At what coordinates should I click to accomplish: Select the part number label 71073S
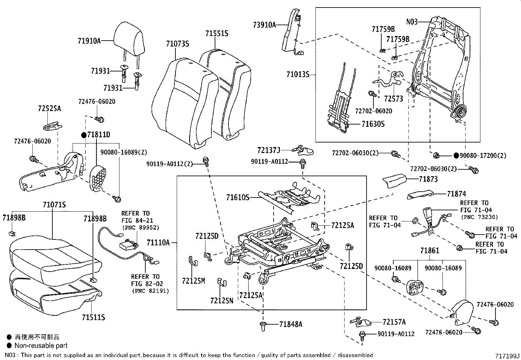click(x=177, y=44)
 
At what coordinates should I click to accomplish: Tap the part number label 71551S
click(x=217, y=33)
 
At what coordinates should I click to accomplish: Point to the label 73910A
click(x=264, y=25)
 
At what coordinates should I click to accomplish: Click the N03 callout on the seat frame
click(x=412, y=22)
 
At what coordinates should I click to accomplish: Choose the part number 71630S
click(x=373, y=124)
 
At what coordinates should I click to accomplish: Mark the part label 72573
click(x=393, y=99)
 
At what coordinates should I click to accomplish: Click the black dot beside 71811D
click(x=84, y=135)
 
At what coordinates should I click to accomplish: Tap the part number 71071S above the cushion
click(x=54, y=205)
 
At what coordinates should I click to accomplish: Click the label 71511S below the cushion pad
click(x=93, y=317)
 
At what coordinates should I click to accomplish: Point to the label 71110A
click(x=158, y=243)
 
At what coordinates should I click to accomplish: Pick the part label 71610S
click(x=238, y=198)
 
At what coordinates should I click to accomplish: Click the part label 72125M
click(x=193, y=281)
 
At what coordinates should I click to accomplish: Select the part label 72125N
click(x=222, y=300)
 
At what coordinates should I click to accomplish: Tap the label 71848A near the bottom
click(x=291, y=324)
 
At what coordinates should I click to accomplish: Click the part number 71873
click(x=428, y=179)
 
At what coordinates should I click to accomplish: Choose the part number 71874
click(x=456, y=194)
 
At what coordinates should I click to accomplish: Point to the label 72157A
click(x=394, y=322)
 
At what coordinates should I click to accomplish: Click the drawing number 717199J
click(x=507, y=356)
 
